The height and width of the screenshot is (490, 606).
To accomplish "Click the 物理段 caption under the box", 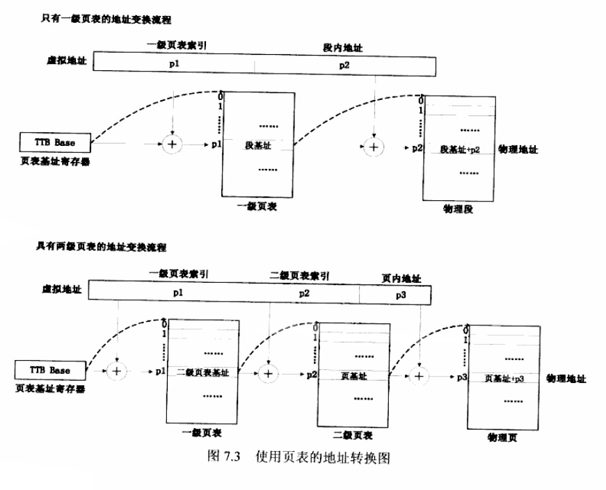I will coord(458,209).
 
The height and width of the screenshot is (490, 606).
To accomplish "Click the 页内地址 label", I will coord(401,278).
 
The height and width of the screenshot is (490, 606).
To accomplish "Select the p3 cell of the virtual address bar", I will coord(401,294).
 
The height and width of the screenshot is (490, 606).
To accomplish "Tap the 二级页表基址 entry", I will coord(203,373).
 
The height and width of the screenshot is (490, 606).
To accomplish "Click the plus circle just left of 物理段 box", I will coord(374,147).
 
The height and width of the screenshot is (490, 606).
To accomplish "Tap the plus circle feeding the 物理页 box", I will coord(418,376).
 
